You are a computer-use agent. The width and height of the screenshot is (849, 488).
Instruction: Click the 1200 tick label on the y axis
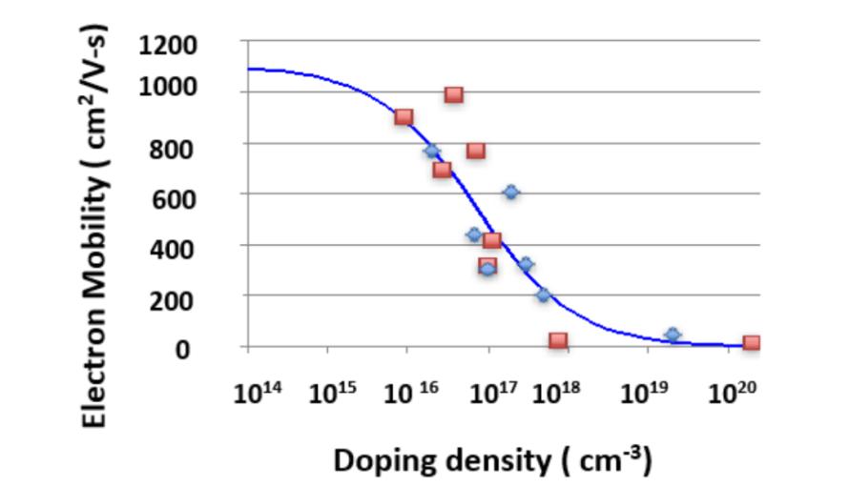coord(168,46)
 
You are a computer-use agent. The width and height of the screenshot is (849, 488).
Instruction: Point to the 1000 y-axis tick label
coord(168,87)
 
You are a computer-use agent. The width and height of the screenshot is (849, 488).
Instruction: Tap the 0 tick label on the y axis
coord(182,350)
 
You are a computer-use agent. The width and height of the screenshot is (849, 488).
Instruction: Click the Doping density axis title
coord(493,461)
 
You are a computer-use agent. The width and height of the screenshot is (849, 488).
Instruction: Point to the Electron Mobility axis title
coord(94,227)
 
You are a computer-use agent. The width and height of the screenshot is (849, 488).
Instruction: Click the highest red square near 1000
coord(454,95)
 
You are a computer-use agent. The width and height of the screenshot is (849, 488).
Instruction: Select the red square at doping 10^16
coord(404,117)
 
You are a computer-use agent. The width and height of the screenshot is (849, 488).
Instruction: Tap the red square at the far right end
coord(752,342)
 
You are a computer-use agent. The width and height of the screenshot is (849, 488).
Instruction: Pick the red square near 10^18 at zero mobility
coord(558,340)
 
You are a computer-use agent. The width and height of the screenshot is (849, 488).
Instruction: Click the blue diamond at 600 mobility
coord(511,193)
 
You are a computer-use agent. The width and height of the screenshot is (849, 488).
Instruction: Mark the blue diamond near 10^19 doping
coord(673,335)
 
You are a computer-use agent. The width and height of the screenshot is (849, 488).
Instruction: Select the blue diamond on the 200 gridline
coord(544,295)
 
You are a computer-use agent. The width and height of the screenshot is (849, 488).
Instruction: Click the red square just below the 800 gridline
coord(475,151)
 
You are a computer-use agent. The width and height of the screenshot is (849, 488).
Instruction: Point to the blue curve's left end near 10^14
coord(248,69)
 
